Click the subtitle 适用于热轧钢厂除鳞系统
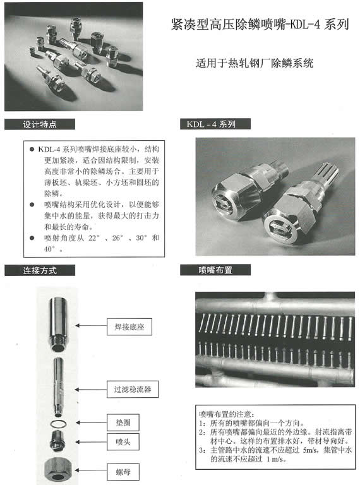point(255,63)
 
